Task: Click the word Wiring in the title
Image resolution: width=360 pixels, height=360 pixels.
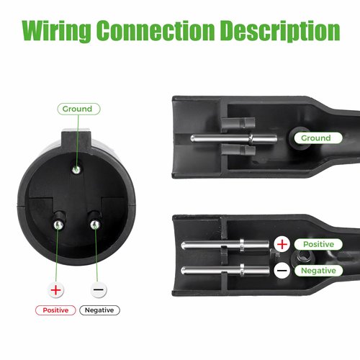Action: tap(56, 30)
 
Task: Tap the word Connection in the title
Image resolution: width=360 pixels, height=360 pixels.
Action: tap(156, 30)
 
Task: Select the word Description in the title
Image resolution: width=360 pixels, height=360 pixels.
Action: tap(280, 30)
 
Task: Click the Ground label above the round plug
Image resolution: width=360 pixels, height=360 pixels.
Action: tap(78, 109)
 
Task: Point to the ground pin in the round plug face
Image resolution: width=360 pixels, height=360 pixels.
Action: tap(76, 170)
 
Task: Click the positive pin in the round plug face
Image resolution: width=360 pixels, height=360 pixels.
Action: tap(58, 225)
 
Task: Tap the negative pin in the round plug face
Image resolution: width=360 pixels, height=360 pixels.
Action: tap(95, 225)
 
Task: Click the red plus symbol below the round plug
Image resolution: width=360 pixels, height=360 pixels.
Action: tap(55, 290)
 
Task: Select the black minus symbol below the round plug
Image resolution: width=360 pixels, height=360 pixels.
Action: tap(99, 289)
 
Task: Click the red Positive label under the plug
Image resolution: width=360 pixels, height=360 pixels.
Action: tap(55, 310)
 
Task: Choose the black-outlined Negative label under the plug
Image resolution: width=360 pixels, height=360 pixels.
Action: tap(99, 310)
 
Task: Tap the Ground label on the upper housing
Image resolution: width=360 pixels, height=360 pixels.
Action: tap(318, 138)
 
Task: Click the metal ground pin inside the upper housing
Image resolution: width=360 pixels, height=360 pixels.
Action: tap(234, 138)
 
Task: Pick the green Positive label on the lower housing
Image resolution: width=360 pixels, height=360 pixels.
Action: tap(318, 244)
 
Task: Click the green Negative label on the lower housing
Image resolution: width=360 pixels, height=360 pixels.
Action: tap(318, 271)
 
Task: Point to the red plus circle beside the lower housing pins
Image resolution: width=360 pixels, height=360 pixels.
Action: tap(282, 244)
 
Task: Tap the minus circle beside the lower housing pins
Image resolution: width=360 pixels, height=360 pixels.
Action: tap(282, 271)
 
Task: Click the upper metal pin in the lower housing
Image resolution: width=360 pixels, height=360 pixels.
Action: tap(225, 246)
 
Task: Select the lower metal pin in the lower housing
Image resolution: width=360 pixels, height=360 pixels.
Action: tap(225, 271)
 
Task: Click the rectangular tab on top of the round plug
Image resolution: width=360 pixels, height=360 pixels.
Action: tap(76, 140)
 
